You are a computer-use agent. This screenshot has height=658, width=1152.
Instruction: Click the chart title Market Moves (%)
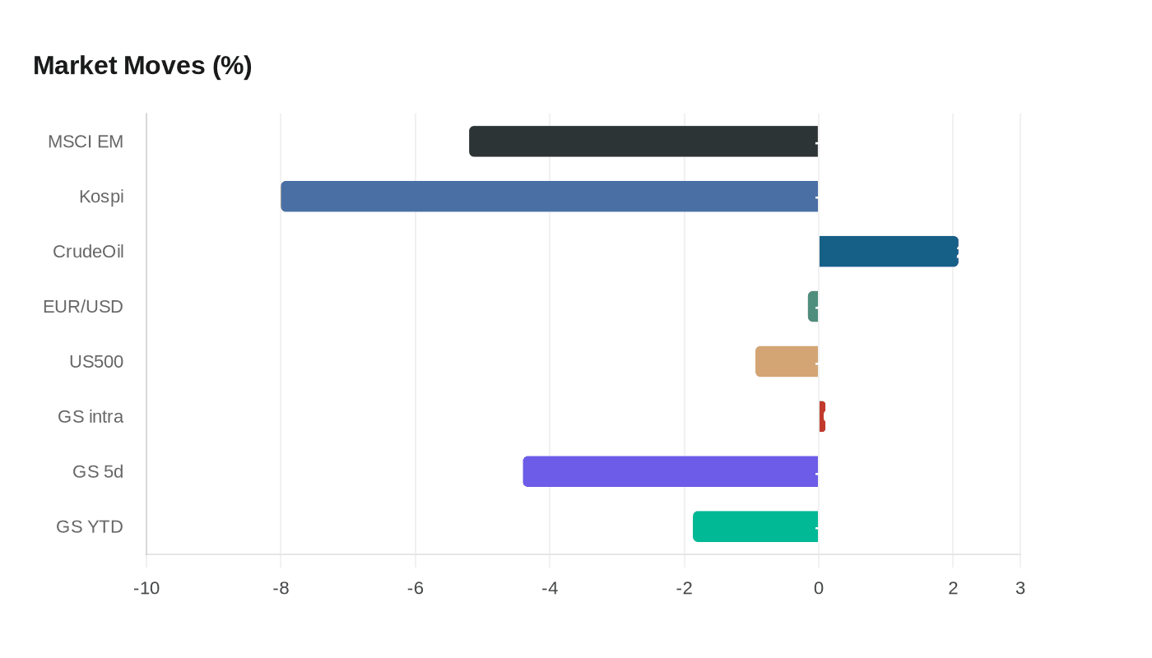[x=142, y=66]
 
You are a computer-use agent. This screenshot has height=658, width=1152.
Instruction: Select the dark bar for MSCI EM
[x=643, y=141]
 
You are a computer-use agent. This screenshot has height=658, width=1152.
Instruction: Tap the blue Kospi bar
[x=549, y=197]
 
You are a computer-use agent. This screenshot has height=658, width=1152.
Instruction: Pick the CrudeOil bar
[x=889, y=252]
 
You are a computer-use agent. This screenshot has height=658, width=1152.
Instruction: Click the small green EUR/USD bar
[x=813, y=307]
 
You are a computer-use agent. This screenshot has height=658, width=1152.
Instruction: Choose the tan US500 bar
[x=787, y=362]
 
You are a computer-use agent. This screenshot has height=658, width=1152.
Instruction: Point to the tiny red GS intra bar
[x=822, y=417]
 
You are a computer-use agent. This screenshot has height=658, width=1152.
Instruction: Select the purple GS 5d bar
[x=671, y=472]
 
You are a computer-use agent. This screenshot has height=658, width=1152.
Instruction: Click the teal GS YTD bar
[x=755, y=527]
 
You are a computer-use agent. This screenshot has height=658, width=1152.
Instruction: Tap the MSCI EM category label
[x=86, y=141]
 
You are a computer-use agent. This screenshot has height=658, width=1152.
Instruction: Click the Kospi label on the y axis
[x=101, y=197]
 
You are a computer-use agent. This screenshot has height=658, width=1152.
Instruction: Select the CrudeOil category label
[x=88, y=252]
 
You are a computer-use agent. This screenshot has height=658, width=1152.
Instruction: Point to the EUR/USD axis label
[x=83, y=307]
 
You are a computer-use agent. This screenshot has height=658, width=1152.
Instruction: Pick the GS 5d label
[x=98, y=472]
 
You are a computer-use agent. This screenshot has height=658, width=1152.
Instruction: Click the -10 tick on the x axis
[x=146, y=589]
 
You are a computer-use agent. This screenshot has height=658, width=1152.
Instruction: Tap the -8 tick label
[x=281, y=589]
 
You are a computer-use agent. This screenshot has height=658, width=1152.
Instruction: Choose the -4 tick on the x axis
[x=550, y=589]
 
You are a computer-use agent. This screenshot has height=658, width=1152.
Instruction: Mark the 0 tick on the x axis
[x=819, y=589]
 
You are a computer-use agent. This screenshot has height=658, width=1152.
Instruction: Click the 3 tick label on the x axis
[x=1020, y=589]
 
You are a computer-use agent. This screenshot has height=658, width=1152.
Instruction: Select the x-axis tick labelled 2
[x=953, y=589]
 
